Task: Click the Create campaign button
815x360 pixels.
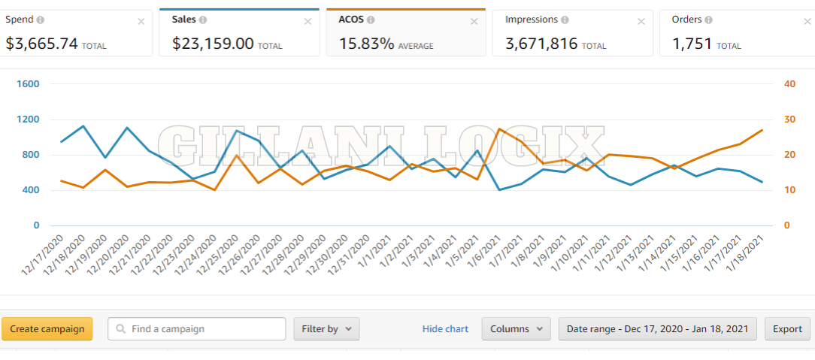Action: click(47, 329)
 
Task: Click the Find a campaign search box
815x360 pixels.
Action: click(197, 329)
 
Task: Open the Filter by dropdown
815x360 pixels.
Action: click(326, 329)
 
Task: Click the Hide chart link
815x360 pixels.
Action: click(445, 329)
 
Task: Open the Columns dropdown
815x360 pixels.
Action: click(517, 329)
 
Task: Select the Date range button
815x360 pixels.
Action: click(657, 329)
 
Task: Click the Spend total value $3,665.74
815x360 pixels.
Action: click(42, 44)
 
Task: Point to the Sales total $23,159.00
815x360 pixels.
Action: click(213, 44)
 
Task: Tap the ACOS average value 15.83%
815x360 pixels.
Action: click(367, 44)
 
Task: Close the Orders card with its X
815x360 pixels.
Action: click(807, 22)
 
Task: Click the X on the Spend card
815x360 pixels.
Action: click(141, 22)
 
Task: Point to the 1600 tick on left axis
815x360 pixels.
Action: click(26, 84)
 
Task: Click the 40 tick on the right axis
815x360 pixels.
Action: click(789, 84)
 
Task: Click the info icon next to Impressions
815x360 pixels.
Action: click(565, 20)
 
